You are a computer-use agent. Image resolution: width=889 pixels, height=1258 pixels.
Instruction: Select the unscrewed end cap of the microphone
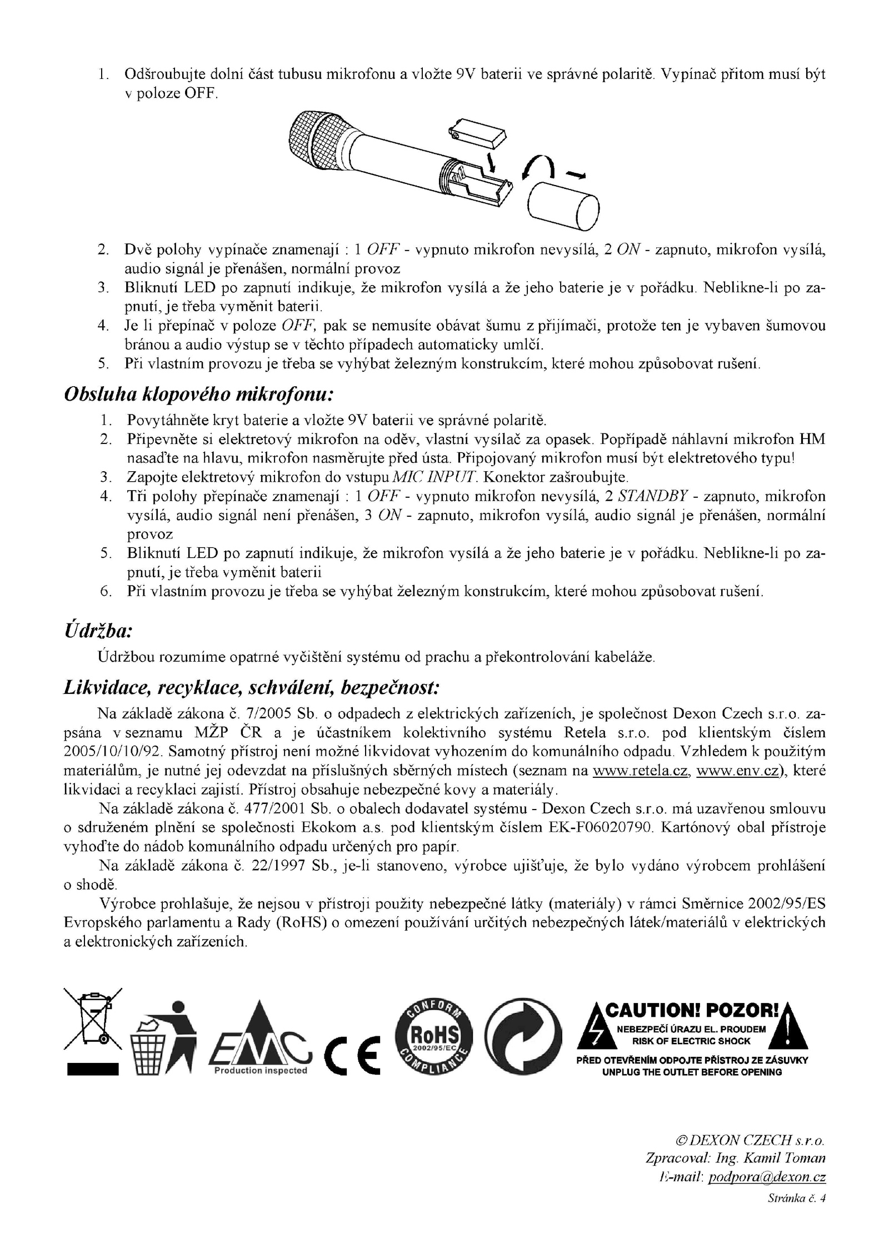(563, 206)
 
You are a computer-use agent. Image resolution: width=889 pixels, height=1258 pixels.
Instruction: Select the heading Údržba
(98, 631)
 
